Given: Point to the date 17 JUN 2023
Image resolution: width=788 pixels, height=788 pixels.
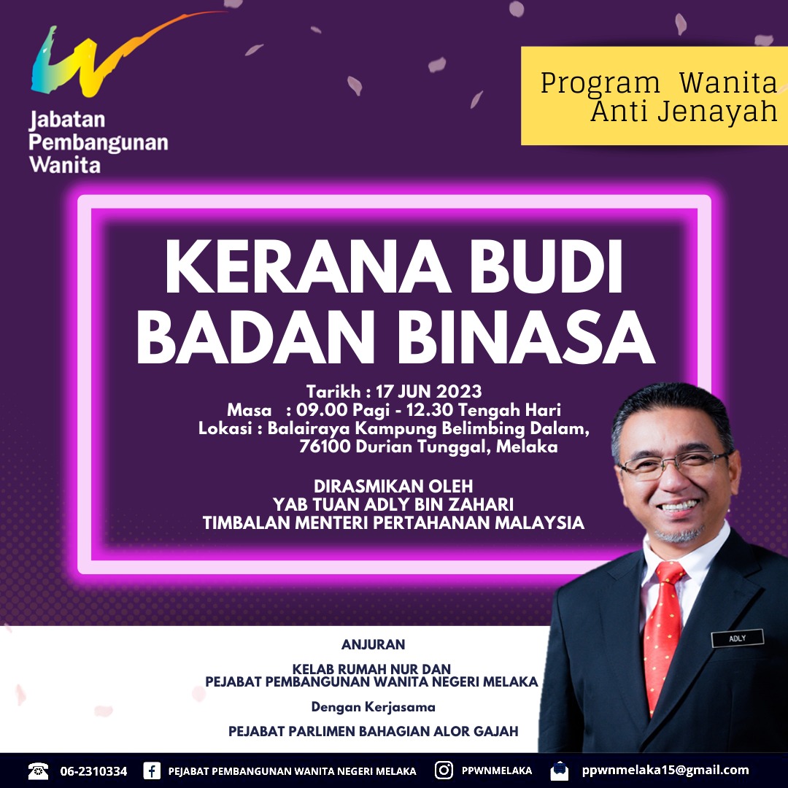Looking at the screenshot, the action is point(429,392).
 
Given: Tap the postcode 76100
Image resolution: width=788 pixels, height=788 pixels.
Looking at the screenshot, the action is point(325,447).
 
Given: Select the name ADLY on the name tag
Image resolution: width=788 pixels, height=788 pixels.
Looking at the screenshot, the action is point(737,638).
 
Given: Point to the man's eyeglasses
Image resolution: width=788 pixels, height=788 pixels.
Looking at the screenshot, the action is point(673,465).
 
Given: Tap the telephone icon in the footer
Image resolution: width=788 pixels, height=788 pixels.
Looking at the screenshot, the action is point(38,770).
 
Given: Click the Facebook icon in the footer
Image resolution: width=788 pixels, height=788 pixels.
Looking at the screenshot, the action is point(152,770).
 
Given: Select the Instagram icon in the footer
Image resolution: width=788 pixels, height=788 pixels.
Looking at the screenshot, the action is point(444,770).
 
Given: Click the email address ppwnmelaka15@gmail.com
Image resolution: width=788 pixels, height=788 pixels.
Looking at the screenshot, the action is point(665,770).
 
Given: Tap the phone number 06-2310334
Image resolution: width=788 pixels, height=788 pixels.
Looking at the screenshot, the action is point(93,771).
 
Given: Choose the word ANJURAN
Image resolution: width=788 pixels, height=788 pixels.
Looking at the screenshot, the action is point(373,644).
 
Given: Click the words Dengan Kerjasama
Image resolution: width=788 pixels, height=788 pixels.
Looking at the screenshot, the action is point(373,707).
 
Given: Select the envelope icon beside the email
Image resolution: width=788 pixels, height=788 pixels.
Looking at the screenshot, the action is point(560,770).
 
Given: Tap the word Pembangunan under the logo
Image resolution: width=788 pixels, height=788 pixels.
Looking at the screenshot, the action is point(98,143).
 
